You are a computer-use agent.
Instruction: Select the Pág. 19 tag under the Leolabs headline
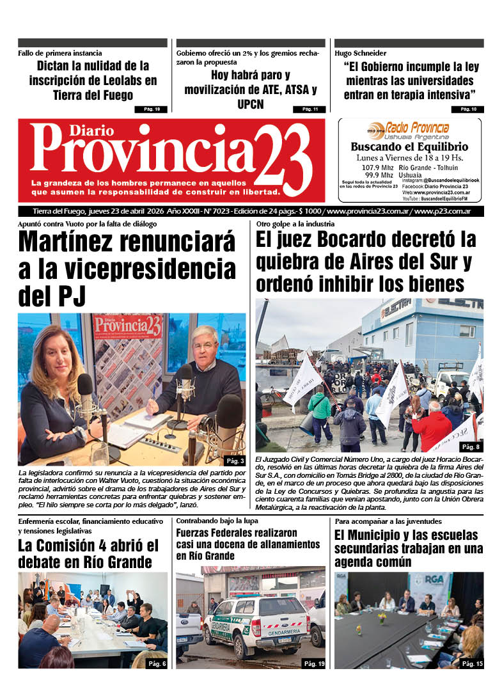(152, 109)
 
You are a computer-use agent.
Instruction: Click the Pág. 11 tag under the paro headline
(310, 109)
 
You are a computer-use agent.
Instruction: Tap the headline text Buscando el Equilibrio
(409, 146)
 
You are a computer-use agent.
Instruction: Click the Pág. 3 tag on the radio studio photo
(235, 461)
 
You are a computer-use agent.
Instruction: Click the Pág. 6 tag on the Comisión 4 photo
(157, 664)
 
